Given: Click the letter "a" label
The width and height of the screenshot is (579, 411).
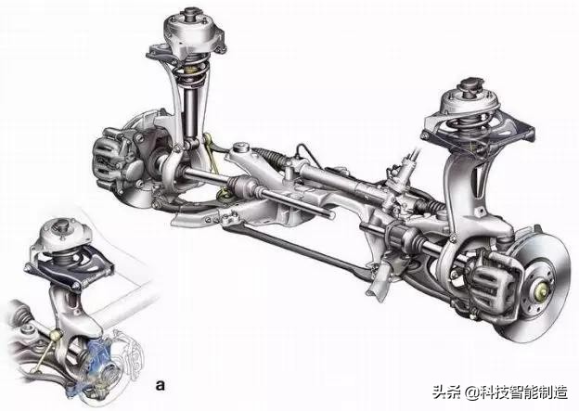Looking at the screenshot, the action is [x=160, y=385].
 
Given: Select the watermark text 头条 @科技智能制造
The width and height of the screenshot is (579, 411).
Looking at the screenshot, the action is [x=500, y=392].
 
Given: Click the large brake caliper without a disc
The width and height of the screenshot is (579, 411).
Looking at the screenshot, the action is [x=116, y=159].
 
